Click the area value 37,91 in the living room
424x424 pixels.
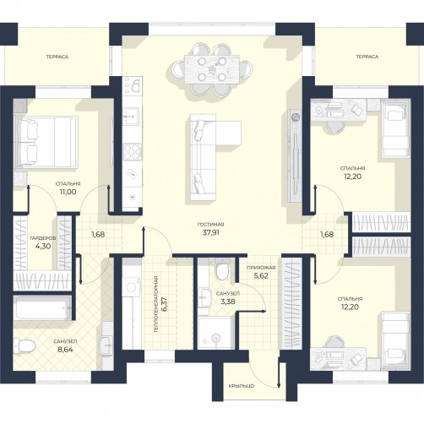(210, 233)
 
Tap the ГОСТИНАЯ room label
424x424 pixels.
(210, 225)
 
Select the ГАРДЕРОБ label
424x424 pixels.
(43, 238)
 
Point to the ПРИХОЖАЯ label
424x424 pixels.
(261, 268)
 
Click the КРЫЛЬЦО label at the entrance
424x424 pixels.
(242, 386)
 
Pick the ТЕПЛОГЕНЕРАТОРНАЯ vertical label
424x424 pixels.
(157, 305)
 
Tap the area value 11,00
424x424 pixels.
(68, 192)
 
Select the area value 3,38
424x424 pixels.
(228, 302)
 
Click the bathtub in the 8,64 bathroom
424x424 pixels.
(42, 307)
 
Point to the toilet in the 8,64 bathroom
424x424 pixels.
(24, 345)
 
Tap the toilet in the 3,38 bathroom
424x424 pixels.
(222, 269)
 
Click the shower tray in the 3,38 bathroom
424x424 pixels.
(216, 333)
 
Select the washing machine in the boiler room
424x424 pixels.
(132, 285)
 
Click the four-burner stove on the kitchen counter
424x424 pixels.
(133, 152)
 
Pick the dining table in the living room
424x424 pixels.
(212, 69)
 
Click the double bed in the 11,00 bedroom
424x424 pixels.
(46, 142)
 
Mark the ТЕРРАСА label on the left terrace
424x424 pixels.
(57, 57)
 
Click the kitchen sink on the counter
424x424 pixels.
(132, 116)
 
